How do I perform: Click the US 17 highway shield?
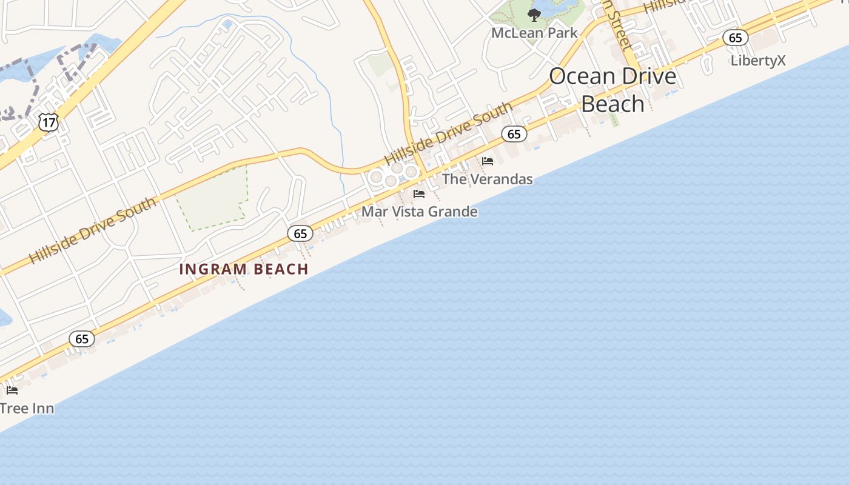pos(48,122)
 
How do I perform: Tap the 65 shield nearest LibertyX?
pos(735,38)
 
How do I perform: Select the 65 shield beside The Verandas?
pos(514,134)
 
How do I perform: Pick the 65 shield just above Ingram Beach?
pos(300,233)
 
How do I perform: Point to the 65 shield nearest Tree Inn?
pos(82,339)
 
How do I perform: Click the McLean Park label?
pos(534,33)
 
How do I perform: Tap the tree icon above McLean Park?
pos(534,15)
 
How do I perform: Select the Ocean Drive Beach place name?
pos(612,90)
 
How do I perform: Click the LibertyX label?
pos(758,61)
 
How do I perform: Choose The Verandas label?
pos(487,179)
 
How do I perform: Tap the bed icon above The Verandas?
pos(488,161)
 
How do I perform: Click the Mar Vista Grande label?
pos(420,212)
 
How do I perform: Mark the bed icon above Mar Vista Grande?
pos(419,194)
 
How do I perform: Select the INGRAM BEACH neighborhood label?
pos(244,269)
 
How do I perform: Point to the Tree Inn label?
pos(27,408)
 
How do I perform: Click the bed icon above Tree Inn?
pos(12,390)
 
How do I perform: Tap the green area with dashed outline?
pos(212,197)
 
